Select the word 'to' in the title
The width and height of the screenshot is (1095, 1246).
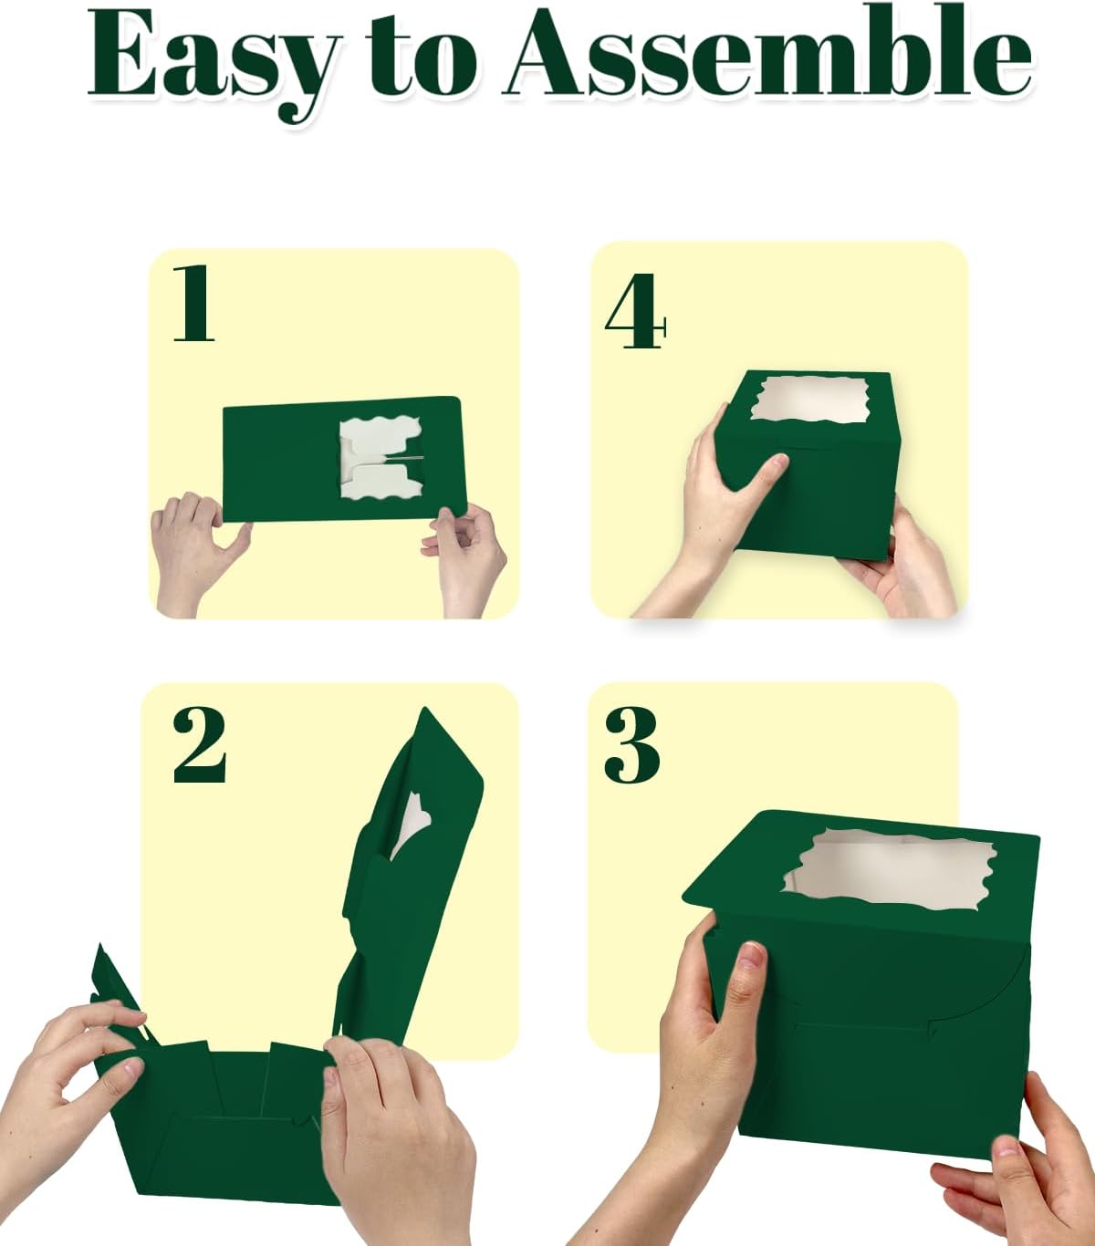click(421, 57)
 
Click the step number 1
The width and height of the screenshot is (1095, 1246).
click(193, 303)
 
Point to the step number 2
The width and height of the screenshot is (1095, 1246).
click(199, 744)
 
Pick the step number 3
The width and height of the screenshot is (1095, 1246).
click(631, 745)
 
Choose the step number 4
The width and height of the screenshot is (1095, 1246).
click(635, 311)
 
